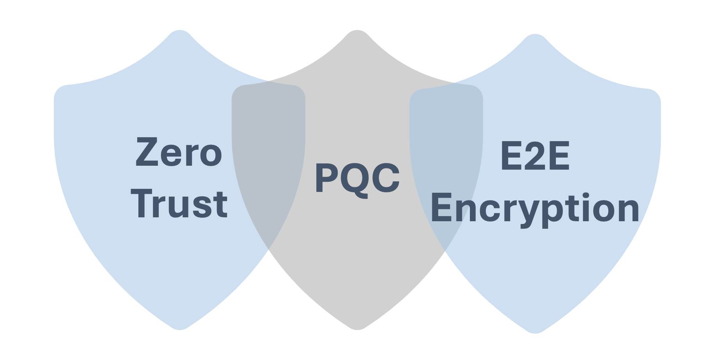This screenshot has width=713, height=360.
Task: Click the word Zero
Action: click(179, 152)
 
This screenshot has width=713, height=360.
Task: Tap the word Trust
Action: click(180, 204)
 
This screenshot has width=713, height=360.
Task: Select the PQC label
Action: click(357, 178)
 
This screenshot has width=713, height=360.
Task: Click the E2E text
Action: click(535, 156)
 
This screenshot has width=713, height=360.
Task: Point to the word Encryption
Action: click(535, 209)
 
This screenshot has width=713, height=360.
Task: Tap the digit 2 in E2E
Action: click(535, 156)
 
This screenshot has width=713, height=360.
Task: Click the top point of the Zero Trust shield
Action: click(179, 31)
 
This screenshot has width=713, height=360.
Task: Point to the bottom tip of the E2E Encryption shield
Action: click(535, 333)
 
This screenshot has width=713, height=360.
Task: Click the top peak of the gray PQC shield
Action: click(357, 31)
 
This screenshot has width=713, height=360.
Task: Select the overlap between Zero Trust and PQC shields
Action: click(269, 164)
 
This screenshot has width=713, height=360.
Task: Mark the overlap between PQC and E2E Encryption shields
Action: click(446, 164)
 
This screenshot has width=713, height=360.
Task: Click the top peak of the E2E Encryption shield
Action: click(535, 35)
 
